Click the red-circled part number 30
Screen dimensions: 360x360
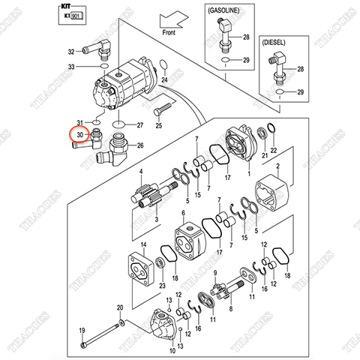click(x=78, y=135)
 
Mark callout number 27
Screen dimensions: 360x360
click(x=141, y=124)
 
